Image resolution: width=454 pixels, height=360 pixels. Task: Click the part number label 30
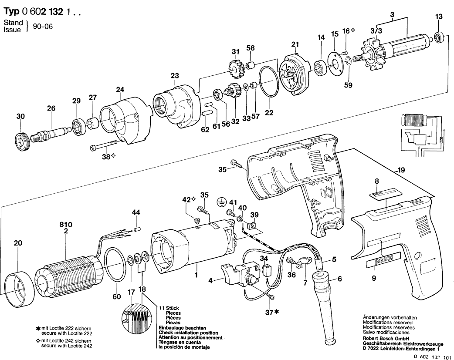coord(21,116)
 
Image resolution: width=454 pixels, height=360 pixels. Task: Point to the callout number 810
coord(65,225)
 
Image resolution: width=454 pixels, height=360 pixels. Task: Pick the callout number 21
coord(295,44)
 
